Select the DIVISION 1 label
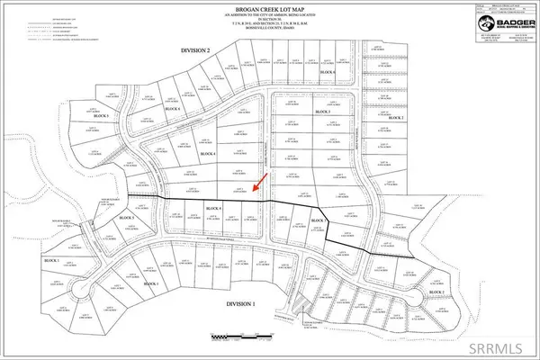(232, 304)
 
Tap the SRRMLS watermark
(498, 345)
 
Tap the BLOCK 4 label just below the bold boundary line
(213, 210)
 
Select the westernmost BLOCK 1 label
(51, 259)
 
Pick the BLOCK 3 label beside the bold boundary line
(316, 220)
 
